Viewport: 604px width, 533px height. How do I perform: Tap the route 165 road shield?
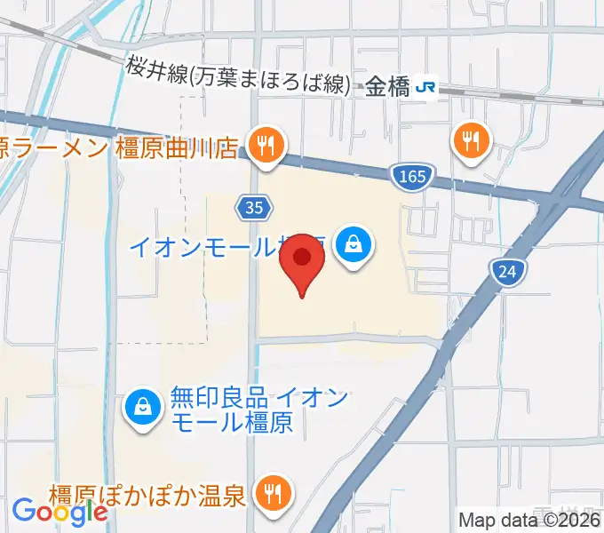411,177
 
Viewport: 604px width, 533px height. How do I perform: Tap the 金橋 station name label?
387,86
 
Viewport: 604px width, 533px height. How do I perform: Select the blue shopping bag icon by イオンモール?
354,243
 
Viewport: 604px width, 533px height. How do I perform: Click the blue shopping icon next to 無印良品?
142,408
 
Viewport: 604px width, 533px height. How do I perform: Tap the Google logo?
60,512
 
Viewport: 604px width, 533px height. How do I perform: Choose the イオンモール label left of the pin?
204,245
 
